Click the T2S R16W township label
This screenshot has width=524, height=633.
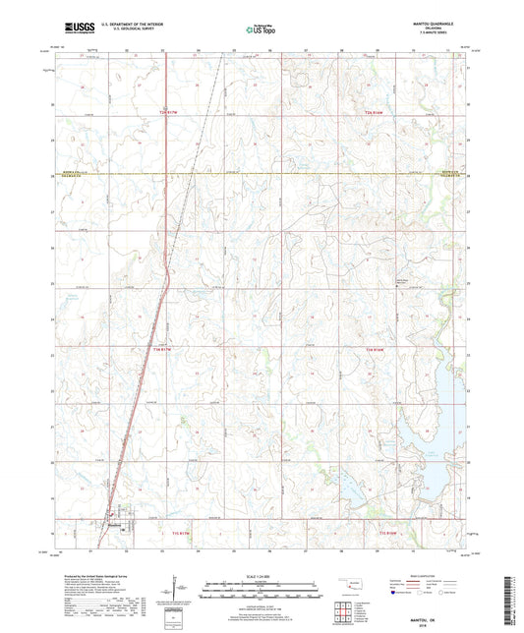pos(374,114)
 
